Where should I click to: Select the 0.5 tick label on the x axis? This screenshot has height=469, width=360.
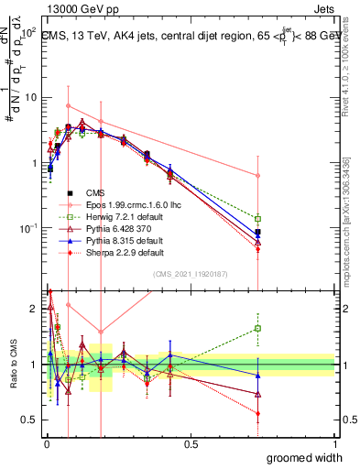(191, 444)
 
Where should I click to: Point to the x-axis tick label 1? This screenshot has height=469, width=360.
(334, 444)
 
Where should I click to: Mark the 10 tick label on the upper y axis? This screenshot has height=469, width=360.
(32, 98)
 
